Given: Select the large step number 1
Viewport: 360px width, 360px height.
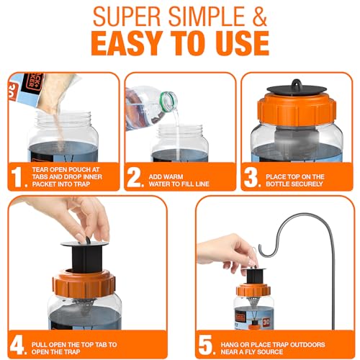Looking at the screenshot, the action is point(17,177).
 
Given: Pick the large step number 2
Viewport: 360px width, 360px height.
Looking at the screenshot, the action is point(134,177).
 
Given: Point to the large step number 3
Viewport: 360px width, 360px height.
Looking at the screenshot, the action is point(251,177).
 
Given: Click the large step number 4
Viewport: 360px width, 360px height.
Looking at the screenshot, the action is point(17,345).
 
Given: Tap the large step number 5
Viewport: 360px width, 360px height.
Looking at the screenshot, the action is point(205,345).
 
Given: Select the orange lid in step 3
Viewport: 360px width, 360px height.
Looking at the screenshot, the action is point(297,109).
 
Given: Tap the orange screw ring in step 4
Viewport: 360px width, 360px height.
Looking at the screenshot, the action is point(84,285).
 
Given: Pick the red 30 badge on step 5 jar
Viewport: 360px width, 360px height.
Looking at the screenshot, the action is point(266,322).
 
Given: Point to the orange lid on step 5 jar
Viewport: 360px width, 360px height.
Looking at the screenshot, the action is point(253,290).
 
